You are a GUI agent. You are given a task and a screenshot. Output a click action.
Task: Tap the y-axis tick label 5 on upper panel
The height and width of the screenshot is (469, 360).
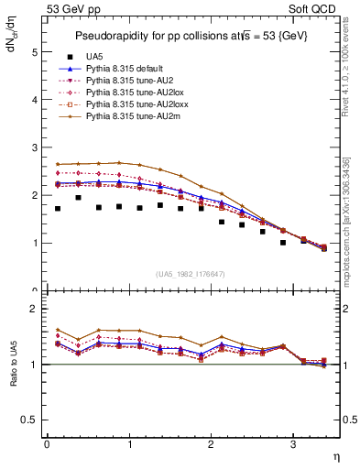(x=35, y=52)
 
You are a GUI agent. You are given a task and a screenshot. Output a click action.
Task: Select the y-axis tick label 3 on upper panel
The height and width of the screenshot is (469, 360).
(x=35, y=148)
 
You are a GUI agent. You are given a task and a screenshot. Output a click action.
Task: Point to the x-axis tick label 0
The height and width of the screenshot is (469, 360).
(x=47, y=444)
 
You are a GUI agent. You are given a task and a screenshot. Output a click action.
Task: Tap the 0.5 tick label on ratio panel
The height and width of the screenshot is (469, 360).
(x=31, y=420)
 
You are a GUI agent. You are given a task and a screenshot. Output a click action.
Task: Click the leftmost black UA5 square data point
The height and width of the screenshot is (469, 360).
(x=57, y=209)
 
